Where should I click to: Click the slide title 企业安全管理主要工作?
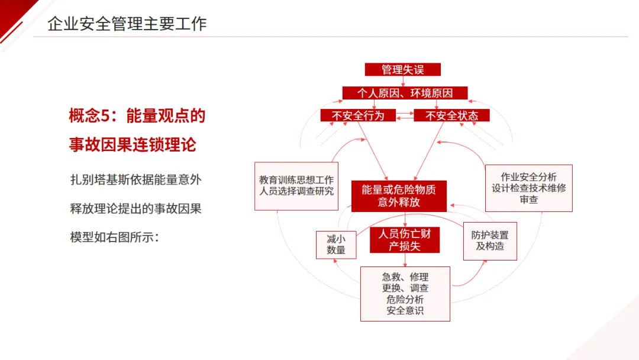127,24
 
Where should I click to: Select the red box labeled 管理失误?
402,69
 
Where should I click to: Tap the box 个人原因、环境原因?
405,93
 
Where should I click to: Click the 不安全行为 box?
357,115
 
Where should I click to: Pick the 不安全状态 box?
451,115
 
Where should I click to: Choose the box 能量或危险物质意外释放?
399,196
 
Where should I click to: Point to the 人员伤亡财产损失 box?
405,240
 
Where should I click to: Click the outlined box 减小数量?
336,244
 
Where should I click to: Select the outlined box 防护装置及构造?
490,240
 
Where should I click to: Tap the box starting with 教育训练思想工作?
296,186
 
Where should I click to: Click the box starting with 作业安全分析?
528,188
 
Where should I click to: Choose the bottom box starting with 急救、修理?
405,294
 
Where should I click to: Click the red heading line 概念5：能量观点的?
137,116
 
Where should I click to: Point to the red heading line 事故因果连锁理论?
133,144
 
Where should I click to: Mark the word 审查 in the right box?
529,200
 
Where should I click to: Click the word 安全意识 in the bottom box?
405,310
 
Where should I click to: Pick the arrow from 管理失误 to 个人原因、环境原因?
403,81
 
